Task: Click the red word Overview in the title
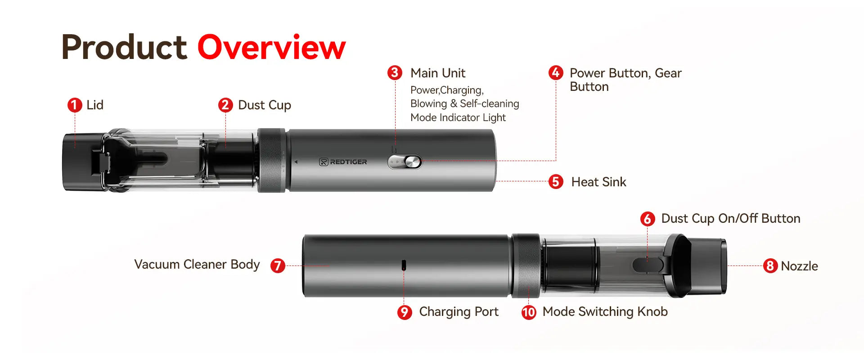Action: pyautogui.click(x=271, y=47)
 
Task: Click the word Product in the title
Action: pyautogui.click(x=124, y=47)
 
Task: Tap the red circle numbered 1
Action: pyautogui.click(x=75, y=105)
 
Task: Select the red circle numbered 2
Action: pyautogui.click(x=225, y=105)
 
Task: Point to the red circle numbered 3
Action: pyautogui.click(x=395, y=73)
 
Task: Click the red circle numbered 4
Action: pyautogui.click(x=556, y=73)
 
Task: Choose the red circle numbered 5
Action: pyautogui.click(x=556, y=182)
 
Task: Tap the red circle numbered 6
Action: pyautogui.click(x=648, y=219)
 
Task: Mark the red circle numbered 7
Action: pyautogui.click(x=278, y=265)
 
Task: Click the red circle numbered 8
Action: pyautogui.click(x=770, y=266)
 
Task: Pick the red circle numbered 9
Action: pyautogui.click(x=405, y=312)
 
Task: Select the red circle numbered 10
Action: pyautogui.click(x=529, y=312)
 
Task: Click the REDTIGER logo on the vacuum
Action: pyautogui.click(x=343, y=162)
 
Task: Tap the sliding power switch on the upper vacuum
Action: pyautogui.click(x=405, y=162)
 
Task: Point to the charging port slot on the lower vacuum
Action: pyautogui.click(x=404, y=265)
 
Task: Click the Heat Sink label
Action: pyautogui.click(x=598, y=182)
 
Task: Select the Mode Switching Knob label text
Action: pyautogui.click(x=605, y=312)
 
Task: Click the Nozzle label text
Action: pyautogui.click(x=799, y=266)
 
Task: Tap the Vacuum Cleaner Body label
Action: pyautogui.click(x=197, y=265)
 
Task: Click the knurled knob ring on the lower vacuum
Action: pyautogui.click(x=526, y=265)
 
